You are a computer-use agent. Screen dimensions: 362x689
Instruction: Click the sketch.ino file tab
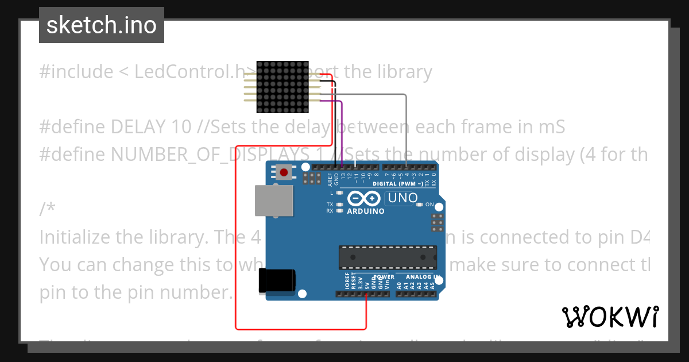tap(102, 25)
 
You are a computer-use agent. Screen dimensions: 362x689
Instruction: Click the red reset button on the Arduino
tap(283, 171)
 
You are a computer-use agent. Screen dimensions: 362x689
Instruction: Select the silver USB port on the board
tap(273, 201)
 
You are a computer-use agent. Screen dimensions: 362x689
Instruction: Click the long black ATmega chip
tap(387, 257)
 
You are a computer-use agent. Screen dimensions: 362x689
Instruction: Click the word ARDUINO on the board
tap(365, 211)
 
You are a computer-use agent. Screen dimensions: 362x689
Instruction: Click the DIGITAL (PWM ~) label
tap(398, 184)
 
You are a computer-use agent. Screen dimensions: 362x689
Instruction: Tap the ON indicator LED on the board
tap(420, 205)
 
